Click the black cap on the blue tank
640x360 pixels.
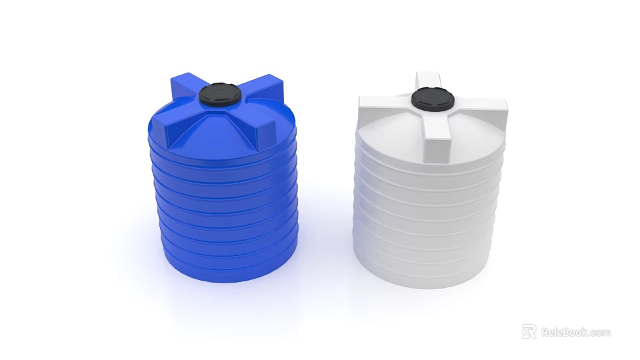[220, 95]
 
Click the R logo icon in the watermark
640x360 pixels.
[529, 331]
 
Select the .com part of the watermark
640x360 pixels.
[599, 332]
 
